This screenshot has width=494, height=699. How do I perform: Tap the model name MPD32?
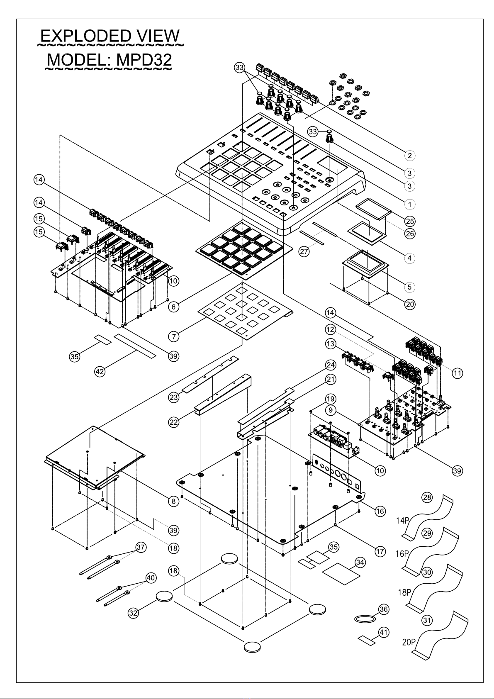pyautogui.click(x=144, y=60)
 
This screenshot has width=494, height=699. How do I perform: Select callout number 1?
pyautogui.click(x=409, y=204)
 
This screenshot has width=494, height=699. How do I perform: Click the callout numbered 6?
pyautogui.click(x=174, y=307)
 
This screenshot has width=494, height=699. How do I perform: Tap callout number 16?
pyautogui.click(x=380, y=511)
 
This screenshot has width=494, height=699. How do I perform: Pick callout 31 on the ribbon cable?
pyautogui.click(x=427, y=620)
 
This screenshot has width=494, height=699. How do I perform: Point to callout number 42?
pyautogui.click(x=100, y=372)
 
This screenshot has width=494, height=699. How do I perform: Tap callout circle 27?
pyautogui.click(x=304, y=251)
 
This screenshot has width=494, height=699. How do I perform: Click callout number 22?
pyautogui.click(x=174, y=422)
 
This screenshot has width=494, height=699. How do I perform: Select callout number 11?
pyautogui.click(x=457, y=373)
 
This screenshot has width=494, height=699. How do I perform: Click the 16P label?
pyautogui.click(x=403, y=554)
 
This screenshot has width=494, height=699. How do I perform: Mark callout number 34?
pyautogui.click(x=360, y=563)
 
